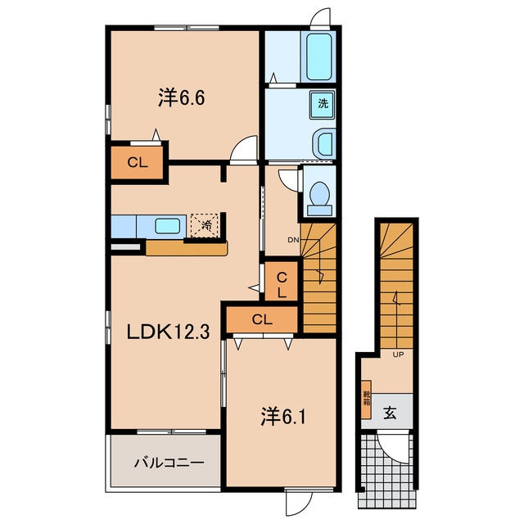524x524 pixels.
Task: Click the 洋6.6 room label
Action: pyautogui.click(x=181, y=97)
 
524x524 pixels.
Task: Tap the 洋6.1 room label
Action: pyautogui.click(x=283, y=417)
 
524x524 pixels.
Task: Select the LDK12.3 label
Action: pyautogui.click(x=168, y=332)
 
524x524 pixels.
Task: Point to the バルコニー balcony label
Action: pyautogui.click(x=169, y=463)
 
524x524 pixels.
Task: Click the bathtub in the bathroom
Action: pyautogui.click(x=318, y=56)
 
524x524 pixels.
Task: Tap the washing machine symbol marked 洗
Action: pyautogui.click(x=323, y=104)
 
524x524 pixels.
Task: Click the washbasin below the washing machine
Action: pyautogui.click(x=324, y=144)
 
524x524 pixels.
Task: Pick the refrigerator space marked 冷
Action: pyautogui.click(x=205, y=225)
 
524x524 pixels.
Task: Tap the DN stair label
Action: pyautogui.click(x=293, y=240)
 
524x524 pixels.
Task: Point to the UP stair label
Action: pyautogui.click(x=398, y=355)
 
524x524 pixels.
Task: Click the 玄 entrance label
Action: pyautogui.click(x=390, y=413)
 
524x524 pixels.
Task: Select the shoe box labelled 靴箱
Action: pyautogui.click(x=367, y=399)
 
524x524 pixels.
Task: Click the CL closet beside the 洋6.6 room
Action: pyautogui.click(x=138, y=163)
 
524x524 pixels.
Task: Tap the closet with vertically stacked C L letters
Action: pyautogui.click(x=282, y=281)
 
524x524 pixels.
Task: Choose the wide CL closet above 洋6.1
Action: pyautogui.click(x=262, y=320)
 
